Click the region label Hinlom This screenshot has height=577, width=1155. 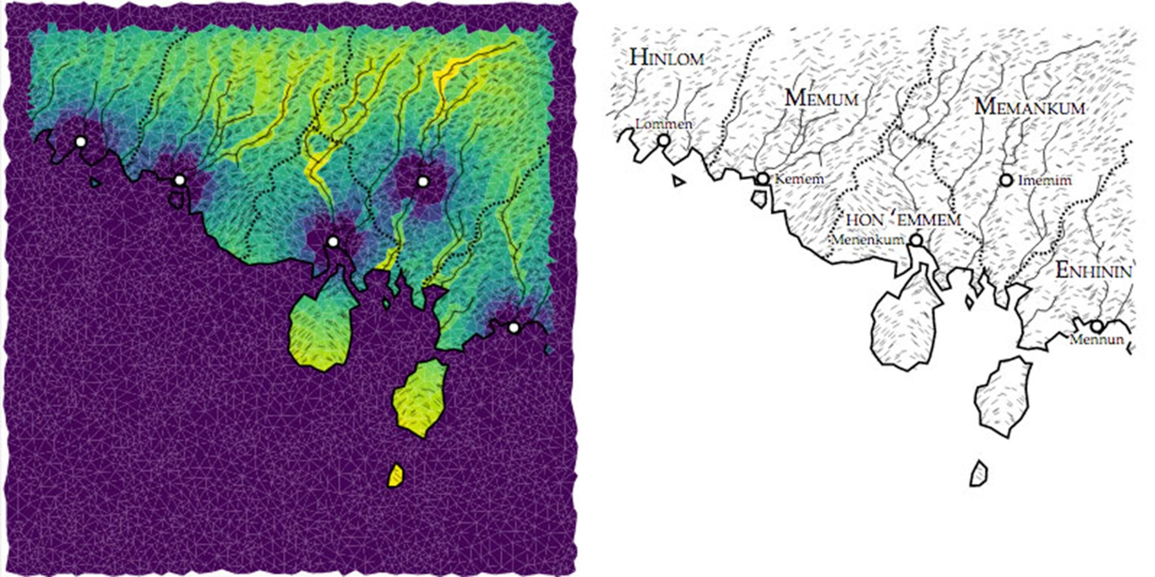click(x=667, y=58)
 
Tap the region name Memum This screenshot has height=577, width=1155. click(x=822, y=98)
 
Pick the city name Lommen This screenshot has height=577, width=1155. click(x=664, y=124)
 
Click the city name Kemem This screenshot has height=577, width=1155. click(x=799, y=179)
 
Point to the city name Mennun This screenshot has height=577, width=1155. click(x=1097, y=340)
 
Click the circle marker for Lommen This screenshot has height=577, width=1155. click(x=664, y=140)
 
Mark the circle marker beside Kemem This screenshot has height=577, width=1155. click(x=763, y=179)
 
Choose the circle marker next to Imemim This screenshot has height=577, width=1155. click(x=1006, y=180)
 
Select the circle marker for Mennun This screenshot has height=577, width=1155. click(x=1097, y=326)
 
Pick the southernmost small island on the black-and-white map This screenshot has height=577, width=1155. click(x=979, y=474)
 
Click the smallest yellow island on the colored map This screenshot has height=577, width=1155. click(x=396, y=475)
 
